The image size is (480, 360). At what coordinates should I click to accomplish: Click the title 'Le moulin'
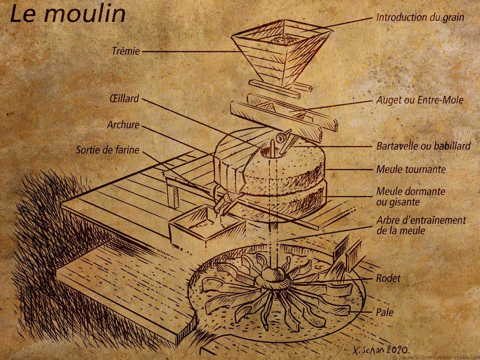tap(67, 14)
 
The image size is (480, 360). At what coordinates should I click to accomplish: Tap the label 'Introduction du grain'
tap(420, 17)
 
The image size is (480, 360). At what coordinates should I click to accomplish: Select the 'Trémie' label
tap(126, 51)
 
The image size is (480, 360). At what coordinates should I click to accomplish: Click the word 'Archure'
tap(123, 124)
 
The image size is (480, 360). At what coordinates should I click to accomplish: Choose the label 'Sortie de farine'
tap(107, 150)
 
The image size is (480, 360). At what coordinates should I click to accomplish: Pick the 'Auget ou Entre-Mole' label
tap(420, 100)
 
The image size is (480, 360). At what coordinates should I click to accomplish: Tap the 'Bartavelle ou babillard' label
tap(423, 146)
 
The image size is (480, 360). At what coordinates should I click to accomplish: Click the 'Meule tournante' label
tap(411, 169)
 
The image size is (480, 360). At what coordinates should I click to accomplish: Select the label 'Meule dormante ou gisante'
tap(410, 196)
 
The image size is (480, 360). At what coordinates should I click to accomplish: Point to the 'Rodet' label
tap(388, 278)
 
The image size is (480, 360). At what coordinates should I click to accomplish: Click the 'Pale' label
tap(385, 312)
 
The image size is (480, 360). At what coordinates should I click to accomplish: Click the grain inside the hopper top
tap(282, 39)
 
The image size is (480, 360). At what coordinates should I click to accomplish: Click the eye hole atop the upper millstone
tap(268, 150)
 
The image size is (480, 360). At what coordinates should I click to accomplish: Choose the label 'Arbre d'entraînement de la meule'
tap(421, 225)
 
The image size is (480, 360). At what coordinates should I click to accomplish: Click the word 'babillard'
tap(452, 146)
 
